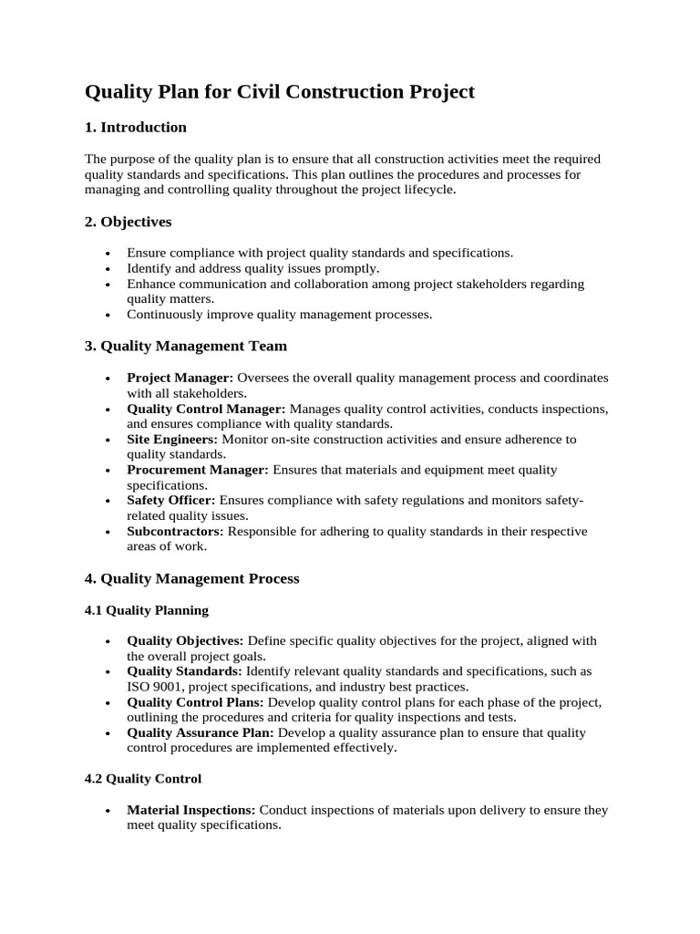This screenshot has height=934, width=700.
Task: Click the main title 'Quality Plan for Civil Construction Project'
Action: [x=280, y=92]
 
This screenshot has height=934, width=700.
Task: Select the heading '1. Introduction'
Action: [x=136, y=128]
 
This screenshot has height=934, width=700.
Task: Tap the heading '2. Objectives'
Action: [x=128, y=223]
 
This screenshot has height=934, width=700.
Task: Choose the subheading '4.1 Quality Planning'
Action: [x=147, y=610]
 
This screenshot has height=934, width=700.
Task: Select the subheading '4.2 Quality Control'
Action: [x=143, y=779]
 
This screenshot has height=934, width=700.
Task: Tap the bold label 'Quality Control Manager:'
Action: [x=206, y=409]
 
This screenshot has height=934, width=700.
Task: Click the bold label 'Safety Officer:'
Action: [x=171, y=501]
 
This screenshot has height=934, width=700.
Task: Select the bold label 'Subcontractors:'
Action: [x=175, y=532]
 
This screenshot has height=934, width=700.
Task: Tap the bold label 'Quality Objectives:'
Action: [x=185, y=641]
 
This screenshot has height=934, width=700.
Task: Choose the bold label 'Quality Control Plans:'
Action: [x=195, y=702]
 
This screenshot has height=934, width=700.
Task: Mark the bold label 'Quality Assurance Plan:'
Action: [x=200, y=733]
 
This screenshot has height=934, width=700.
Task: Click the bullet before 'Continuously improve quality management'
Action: [x=108, y=316]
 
